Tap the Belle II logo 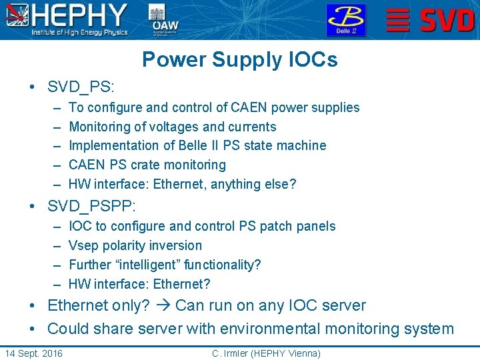(345, 20)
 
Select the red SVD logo (431, 20)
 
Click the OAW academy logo (164, 20)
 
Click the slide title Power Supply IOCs (239, 60)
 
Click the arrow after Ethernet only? (163, 306)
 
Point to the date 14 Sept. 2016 (34, 353)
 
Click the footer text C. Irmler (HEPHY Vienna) (266, 353)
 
